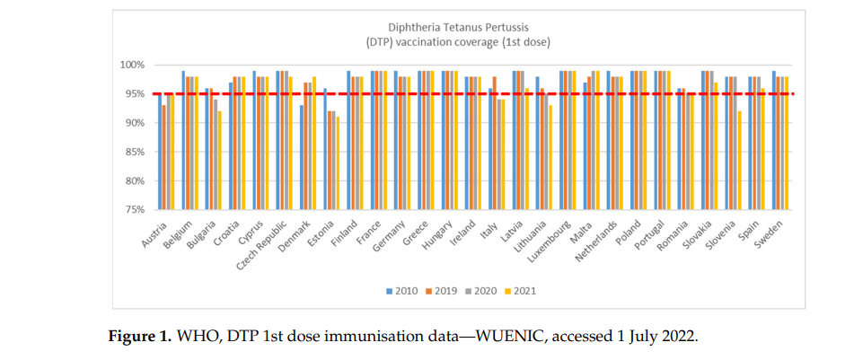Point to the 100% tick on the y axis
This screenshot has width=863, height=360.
click(x=134, y=65)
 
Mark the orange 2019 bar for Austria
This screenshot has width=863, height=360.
click(x=164, y=157)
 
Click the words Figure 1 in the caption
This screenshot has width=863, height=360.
click(x=138, y=336)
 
